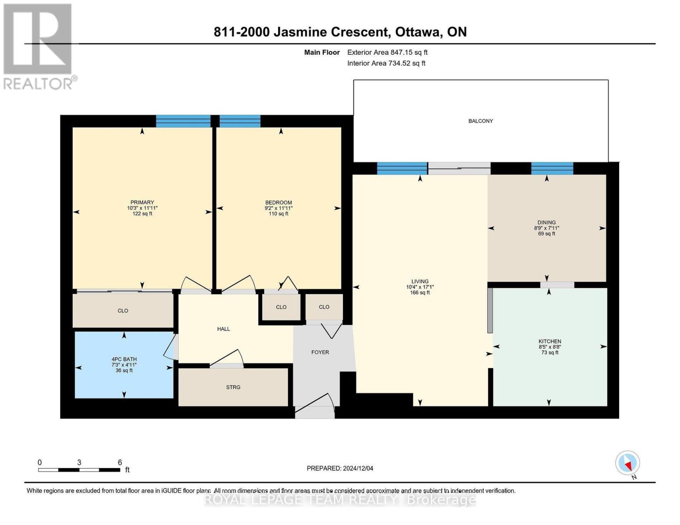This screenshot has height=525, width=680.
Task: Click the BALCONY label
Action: pos(480,121)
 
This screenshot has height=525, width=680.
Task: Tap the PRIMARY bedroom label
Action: pos(142,203)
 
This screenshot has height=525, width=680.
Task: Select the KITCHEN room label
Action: pos(550,341)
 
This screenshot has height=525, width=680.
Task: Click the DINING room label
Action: pos(546,222)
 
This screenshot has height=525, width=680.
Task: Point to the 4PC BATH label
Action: pos(124,359)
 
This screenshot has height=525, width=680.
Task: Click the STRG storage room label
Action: pos(233,387)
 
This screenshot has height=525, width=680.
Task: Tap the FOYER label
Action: pos(320,352)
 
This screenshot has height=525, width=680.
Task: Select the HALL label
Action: pos(223,329)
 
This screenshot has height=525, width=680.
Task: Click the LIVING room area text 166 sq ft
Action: pos(419,293)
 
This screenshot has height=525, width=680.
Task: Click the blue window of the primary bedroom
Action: pos(183,121)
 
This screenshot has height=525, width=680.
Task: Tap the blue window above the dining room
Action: pos(552,168)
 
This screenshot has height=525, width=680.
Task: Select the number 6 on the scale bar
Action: pos(120,462)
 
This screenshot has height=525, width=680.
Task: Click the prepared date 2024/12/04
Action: pos(358,468)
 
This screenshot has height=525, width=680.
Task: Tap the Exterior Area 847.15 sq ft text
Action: pos(387,52)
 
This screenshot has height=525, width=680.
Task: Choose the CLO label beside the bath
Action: pos(123,311)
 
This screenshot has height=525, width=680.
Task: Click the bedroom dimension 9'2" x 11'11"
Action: pos(278,208)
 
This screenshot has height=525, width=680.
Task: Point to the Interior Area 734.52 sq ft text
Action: pos(386,63)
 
